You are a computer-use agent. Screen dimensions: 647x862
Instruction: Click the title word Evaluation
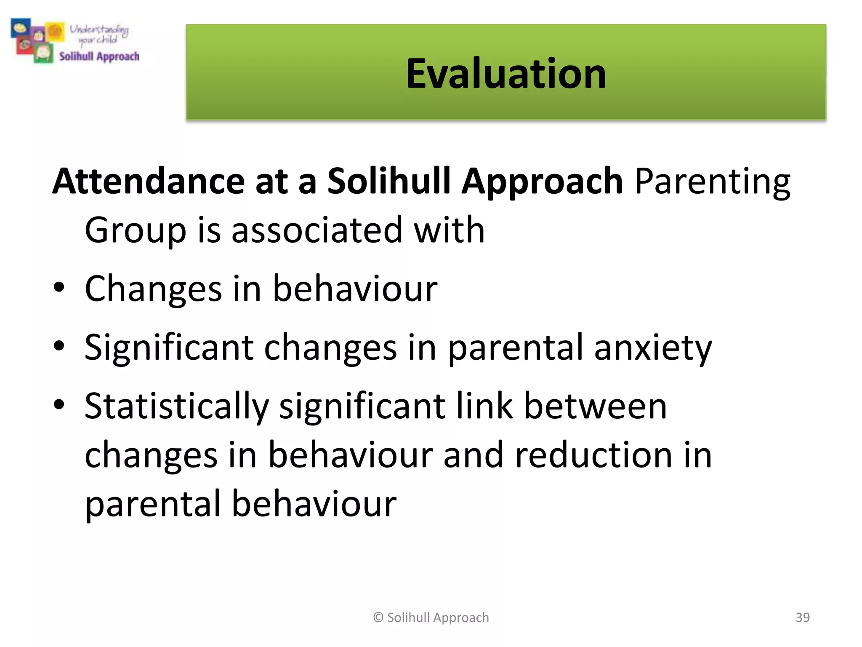point(505,74)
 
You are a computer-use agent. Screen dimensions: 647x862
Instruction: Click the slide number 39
point(802,617)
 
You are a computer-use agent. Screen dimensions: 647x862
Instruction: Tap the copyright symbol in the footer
point(378,618)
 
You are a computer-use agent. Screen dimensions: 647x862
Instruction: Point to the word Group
point(135,230)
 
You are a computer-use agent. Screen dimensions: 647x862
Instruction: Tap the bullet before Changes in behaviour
point(59,287)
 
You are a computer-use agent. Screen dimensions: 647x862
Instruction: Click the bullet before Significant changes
point(59,346)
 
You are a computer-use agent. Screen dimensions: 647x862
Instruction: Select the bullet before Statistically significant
point(59,404)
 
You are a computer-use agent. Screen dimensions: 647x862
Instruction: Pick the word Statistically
point(176,406)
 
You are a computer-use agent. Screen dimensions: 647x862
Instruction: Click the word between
point(595,406)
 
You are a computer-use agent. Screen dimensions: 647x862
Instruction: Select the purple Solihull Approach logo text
point(99,56)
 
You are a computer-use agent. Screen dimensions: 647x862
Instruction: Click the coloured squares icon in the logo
point(37,40)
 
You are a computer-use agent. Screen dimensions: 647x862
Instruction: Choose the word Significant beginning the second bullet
point(169,348)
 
